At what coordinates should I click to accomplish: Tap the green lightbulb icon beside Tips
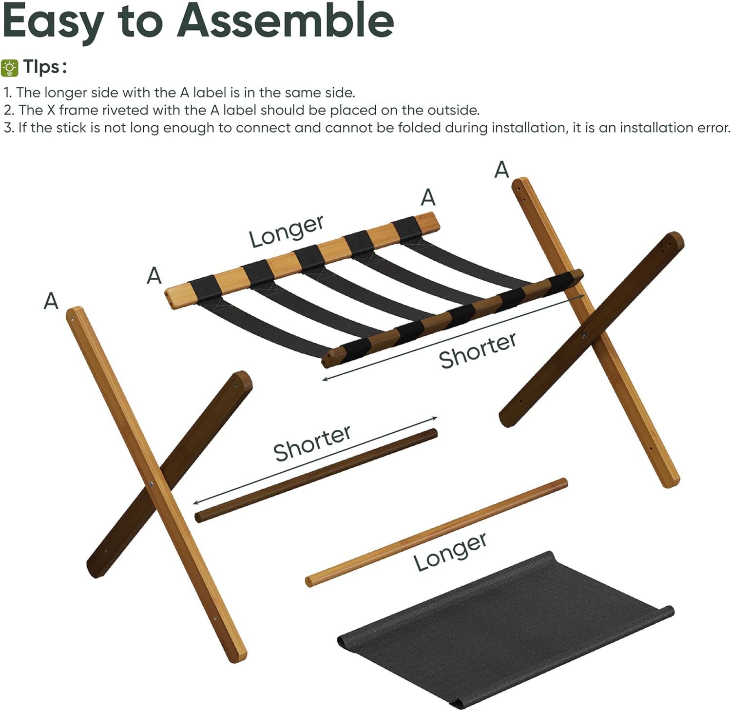pyautogui.click(x=10, y=68)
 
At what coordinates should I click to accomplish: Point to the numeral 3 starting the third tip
pyautogui.click(x=8, y=128)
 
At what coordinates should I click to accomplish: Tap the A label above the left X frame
pyautogui.click(x=51, y=301)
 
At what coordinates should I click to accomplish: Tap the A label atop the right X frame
pyautogui.click(x=501, y=170)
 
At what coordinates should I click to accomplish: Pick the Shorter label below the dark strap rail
pyautogui.click(x=477, y=349)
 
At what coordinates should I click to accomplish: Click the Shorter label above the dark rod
pyautogui.click(x=312, y=442)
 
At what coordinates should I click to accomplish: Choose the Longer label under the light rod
pyautogui.click(x=450, y=551)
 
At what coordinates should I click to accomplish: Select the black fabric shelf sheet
pyautogui.click(x=502, y=634)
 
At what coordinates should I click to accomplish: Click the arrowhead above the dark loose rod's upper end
pyautogui.click(x=435, y=418)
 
